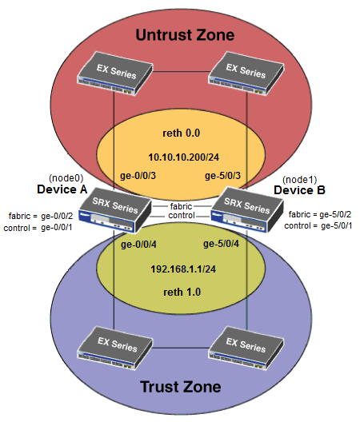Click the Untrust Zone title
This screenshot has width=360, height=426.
[x=184, y=34]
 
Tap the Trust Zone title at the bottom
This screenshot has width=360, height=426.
[x=181, y=388]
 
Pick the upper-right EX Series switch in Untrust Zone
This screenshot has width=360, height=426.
[x=246, y=74]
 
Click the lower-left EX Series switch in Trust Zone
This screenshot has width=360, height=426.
[x=116, y=344]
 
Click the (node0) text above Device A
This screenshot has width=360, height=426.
[x=65, y=177]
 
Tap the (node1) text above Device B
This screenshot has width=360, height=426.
[x=298, y=178]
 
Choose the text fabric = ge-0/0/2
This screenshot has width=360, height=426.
[x=41, y=216]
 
